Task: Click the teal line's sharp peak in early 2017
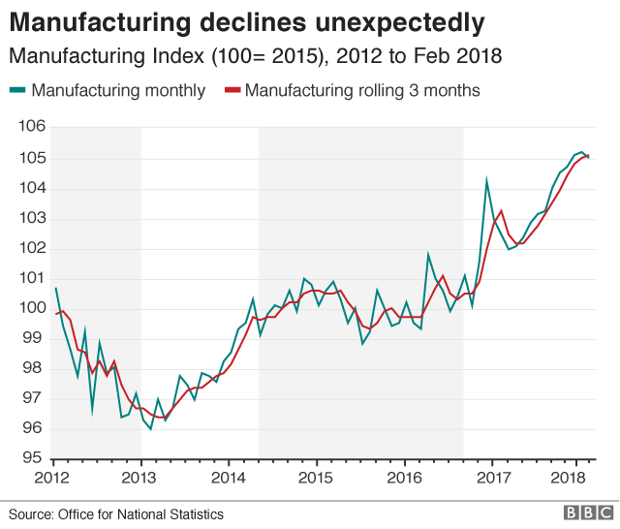click(486, 178)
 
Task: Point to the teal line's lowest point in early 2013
click(150, 428)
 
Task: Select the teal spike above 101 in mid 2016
click(428, 255)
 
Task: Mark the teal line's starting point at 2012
click(55, 288)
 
